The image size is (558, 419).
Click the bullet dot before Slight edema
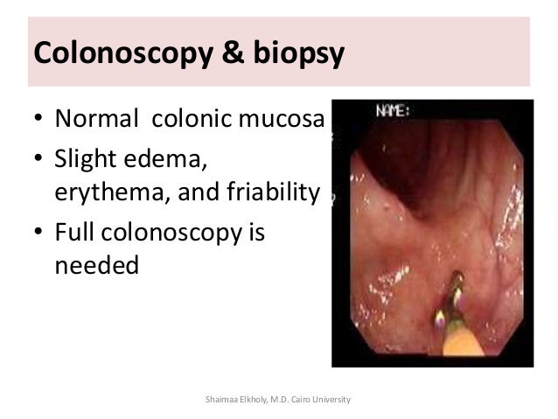[x=38, y=162]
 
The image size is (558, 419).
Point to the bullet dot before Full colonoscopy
[x=38, y=235]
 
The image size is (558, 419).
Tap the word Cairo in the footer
[x=308, y=399]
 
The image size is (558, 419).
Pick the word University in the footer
[x=336, y=399]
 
